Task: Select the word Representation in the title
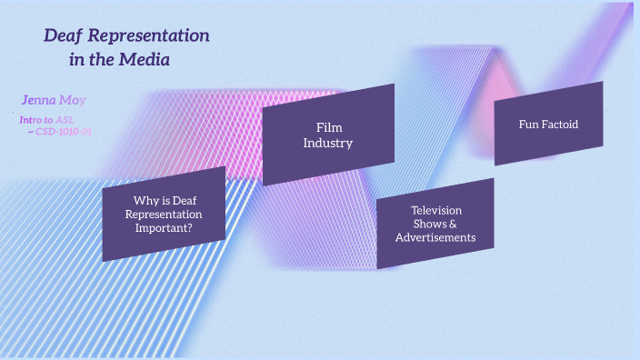(x=150, y=36)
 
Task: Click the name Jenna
(x=40, y=100)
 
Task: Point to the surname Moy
(x=74, y=100)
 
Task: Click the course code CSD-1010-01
(x=64, y=132)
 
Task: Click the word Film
(x=328, y=128)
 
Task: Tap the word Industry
(x=328, y=143)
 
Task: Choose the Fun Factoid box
(x=548, y=124)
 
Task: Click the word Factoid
(x=561, y=124)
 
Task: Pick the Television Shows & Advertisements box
(x=435, y=224)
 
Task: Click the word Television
(x=436, y=210)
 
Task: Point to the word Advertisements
(x=435, y=237)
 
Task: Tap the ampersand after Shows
(x=453, y=224)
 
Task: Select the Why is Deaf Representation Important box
(x=164, y=214)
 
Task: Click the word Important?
(x=164, y=227)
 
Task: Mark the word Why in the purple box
(x=145, y=200)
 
